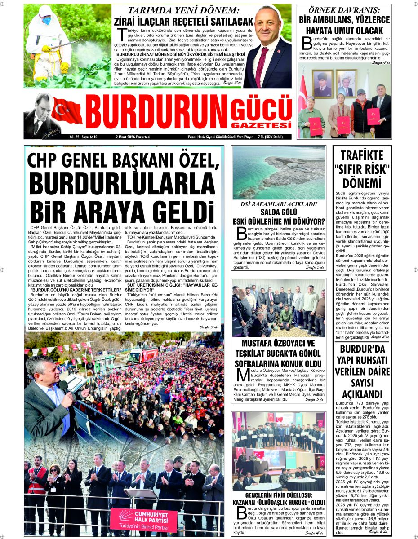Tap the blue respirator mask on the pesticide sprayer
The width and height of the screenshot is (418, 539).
46,20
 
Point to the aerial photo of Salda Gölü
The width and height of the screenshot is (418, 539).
278,172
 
